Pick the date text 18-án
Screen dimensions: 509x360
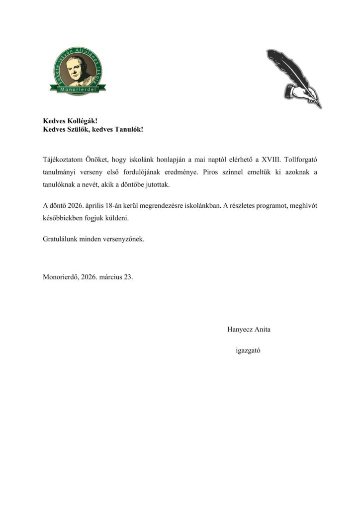[116, 205]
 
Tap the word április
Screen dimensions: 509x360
[93, 205]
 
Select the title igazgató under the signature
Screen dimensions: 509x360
[249, 350]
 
